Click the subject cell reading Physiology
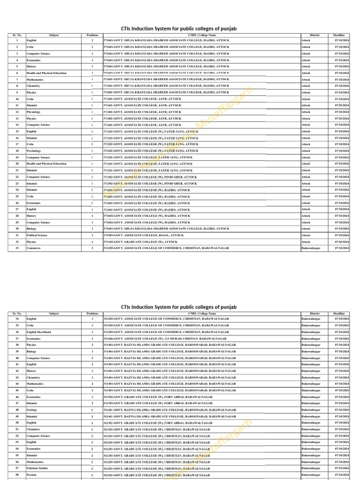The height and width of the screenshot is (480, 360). (x=34, y=112)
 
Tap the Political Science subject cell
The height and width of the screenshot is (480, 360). (x=37, y=235)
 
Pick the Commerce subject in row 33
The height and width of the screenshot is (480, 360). (x=34, y=248)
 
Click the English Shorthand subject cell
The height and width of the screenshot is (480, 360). (x=39, y=332)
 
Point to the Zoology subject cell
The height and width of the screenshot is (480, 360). (x=32, y=410)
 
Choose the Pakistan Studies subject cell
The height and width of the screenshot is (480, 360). (x=37, y=468)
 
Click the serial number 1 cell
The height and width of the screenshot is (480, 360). (x=17, y=41)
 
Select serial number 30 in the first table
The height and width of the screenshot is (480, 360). (x=17, y=229)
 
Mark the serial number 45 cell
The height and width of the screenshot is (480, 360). (x=17, y=390)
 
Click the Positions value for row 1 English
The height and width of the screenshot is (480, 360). (x=92, y=41)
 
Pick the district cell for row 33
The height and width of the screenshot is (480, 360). (x=311, y=248)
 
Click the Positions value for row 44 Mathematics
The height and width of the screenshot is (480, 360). (x=92, y=383)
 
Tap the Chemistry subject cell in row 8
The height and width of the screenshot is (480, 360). (x=33, y=86)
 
